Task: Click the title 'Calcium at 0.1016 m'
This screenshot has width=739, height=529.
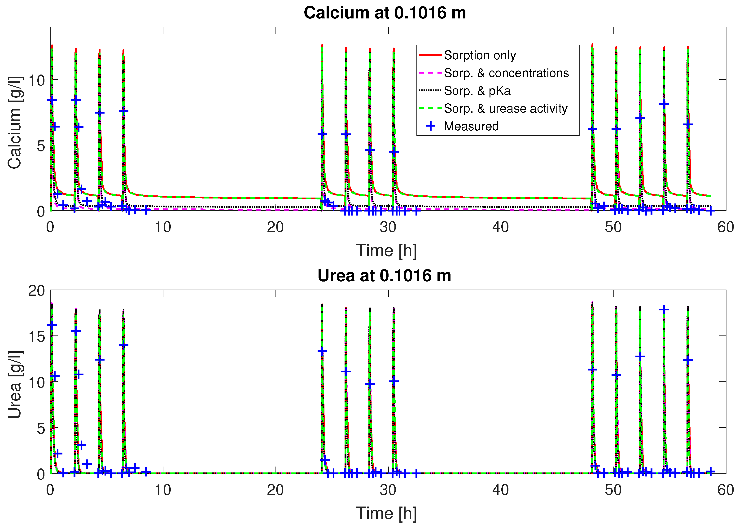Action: point(385,13)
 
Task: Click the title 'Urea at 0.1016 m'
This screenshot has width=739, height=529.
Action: point(384,276)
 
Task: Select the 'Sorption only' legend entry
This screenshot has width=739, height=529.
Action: point(480,55)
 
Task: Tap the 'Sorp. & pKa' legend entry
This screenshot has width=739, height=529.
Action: point(477,91)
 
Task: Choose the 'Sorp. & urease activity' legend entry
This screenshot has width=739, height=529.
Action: point(505,108)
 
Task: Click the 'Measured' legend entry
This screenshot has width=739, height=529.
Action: point(471,126)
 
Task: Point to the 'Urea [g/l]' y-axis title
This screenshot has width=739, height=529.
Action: point(14,385)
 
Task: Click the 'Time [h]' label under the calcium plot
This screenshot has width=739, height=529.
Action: point(386,251)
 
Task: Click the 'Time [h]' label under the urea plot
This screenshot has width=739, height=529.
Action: point(386,513)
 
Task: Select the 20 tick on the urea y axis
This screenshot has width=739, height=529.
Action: point(36,291)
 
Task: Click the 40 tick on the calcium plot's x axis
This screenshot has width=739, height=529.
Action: point(500,227)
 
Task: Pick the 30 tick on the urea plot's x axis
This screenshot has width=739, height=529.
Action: point(388,490)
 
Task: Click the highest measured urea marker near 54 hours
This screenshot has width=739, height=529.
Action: point(664,309)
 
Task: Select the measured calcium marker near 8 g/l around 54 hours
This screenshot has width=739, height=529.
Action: point(664,104)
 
